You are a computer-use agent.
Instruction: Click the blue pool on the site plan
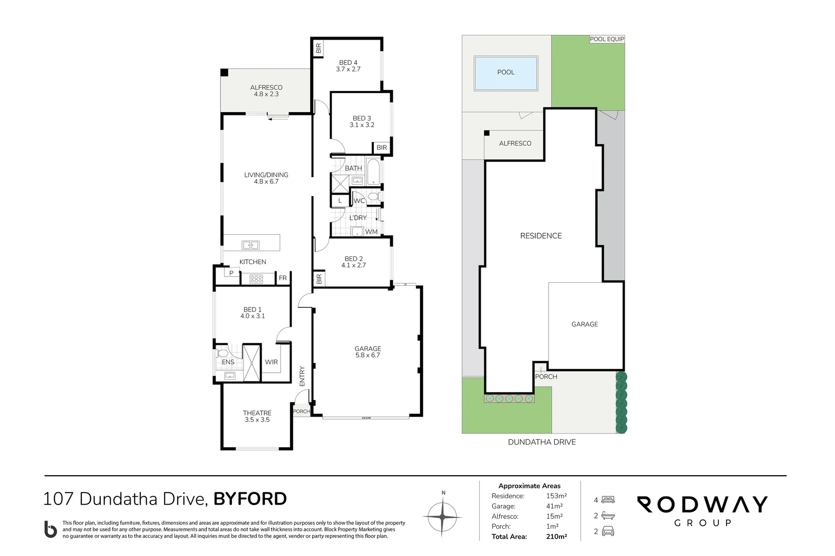pyautogui.click(x=505, y=73)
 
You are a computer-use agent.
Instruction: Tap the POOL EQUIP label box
pyautogui.click(x=607, y=39)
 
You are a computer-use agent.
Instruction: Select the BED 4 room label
pyautogui.click(x=348, y=66)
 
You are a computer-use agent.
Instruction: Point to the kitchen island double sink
pyautogui.click(x=250, y=245)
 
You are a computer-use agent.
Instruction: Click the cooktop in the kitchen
pyautogui.click(x=256, y=279)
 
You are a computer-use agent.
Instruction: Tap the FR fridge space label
pyautogui.click(x=283, y=277)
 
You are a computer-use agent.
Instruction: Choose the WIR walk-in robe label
pyautogui.click(x=271, y=361)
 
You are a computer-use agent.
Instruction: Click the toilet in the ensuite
pyautogui.click(x=223, y=353)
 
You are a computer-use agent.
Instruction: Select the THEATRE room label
pyautogui.click(x=257, y=416)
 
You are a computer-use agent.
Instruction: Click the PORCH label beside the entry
pyautogui.click(x=301, y=411)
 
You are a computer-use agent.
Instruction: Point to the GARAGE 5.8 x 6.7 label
pyautogui.click(x=368, y=352)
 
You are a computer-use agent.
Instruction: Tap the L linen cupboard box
pyautogui.click(x=340, y=201)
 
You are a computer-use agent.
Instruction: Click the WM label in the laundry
pyautogui.click(x=371, y=232)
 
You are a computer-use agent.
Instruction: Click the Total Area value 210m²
pyautogui.click(x=556, y=536)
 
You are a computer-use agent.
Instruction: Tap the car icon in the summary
pyautogui.click(x=608, y=531)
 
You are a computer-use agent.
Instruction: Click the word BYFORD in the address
pyautogui.click(x=250, y=499)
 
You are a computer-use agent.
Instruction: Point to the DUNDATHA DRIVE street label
pyautogui.click(x=541, y=442)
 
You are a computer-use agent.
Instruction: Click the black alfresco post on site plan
pyautogui.click(x=486, y=133)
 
